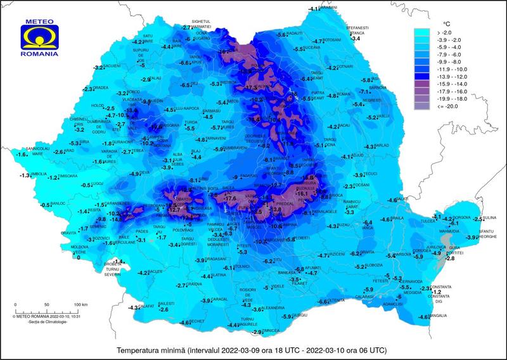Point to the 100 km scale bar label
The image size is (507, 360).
80,305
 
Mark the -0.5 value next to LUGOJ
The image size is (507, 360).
86,186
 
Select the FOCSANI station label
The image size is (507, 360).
361,184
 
